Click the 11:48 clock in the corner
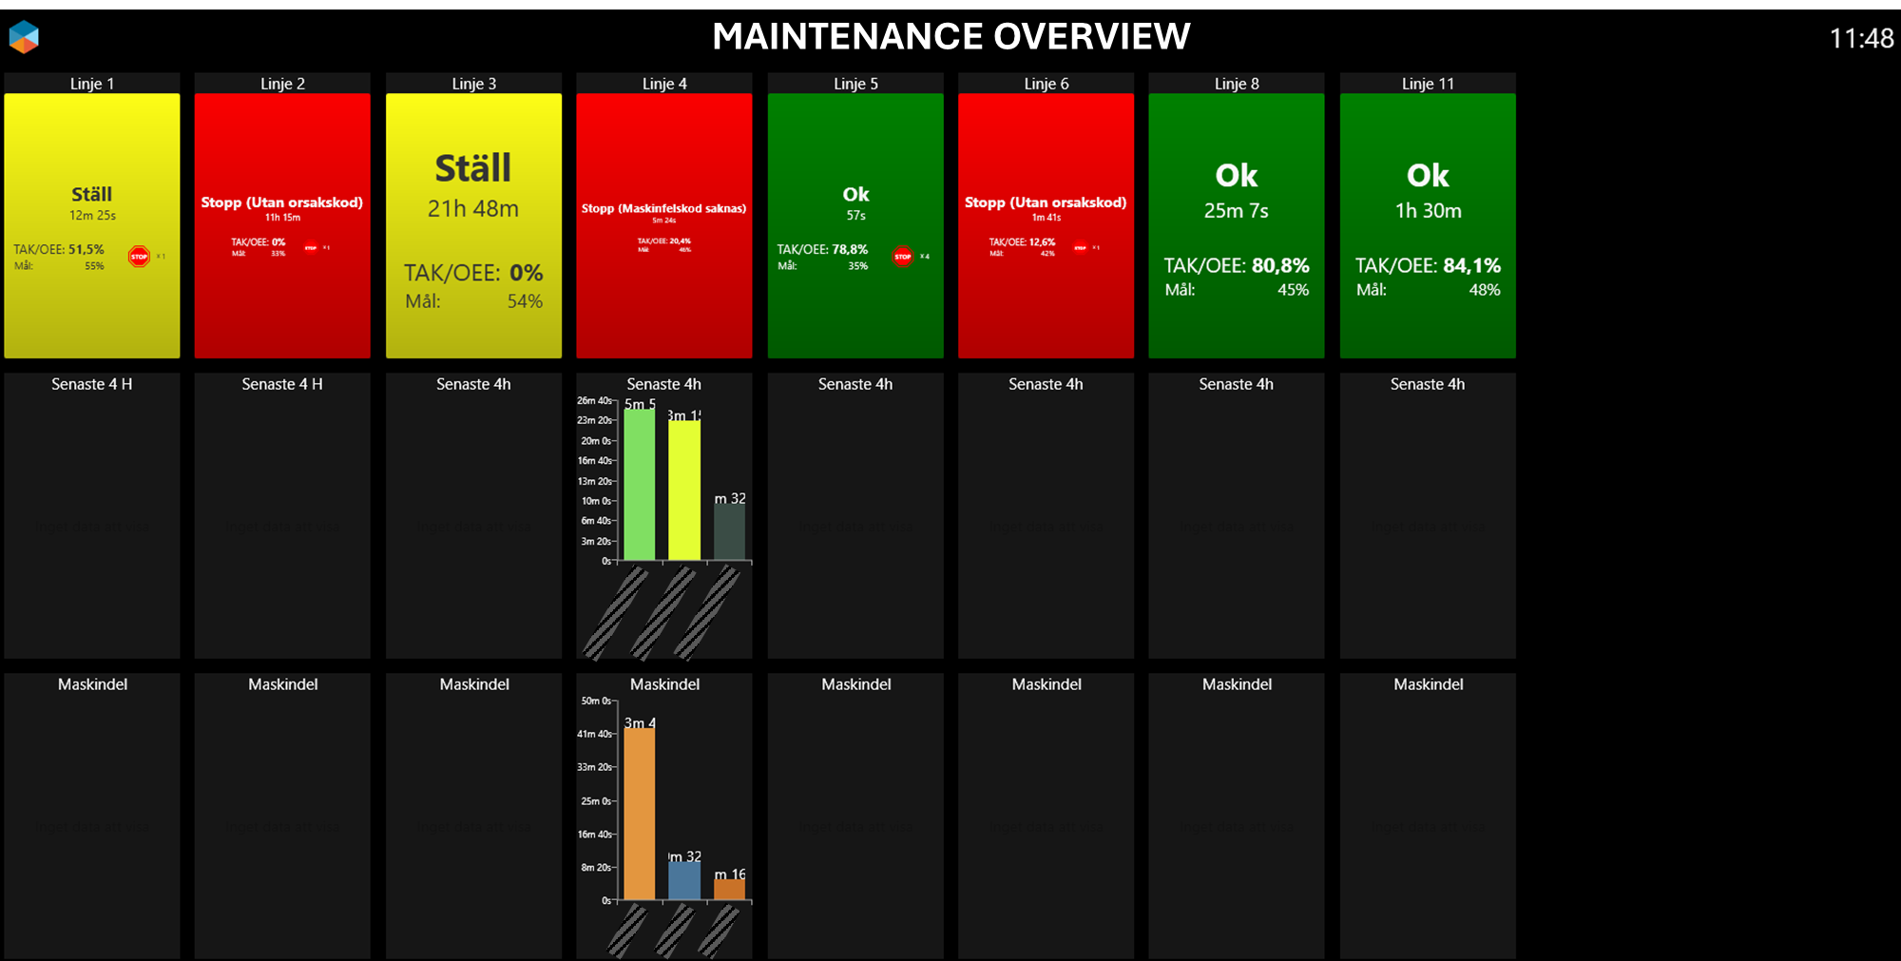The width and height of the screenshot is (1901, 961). pos(1860,38)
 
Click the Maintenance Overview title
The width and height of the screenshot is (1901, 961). pos(950,37)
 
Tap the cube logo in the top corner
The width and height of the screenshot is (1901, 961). pos(24,37)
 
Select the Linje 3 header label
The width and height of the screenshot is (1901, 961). pos(473,84)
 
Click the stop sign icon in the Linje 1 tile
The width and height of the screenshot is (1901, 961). pos(139,257)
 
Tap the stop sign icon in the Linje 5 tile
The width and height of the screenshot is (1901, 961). pos(902,257)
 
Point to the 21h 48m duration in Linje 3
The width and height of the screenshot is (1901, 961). pos(473,209)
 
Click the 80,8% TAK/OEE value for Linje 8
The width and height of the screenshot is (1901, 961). pos(1280,266)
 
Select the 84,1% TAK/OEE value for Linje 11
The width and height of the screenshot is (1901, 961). pos(1471,266)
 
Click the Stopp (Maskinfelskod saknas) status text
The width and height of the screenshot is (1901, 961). pos(663,208)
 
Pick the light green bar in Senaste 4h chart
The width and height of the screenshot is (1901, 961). pos(639,485)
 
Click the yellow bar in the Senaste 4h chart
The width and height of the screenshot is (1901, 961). pos(684,490)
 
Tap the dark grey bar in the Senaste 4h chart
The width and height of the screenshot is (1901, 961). pos(729,532)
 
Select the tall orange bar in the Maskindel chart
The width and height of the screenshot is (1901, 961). pos(639,813)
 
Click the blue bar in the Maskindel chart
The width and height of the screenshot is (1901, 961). pos(684,880)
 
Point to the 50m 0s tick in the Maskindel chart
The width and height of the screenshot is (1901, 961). pos(596,702)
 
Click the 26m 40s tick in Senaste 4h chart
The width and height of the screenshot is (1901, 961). pos(594,401)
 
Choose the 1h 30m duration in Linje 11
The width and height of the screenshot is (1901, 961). pos(1428,211)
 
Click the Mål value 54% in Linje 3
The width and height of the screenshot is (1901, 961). pos(525,302)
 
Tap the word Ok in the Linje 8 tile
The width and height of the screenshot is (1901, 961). pos(1236,176)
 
